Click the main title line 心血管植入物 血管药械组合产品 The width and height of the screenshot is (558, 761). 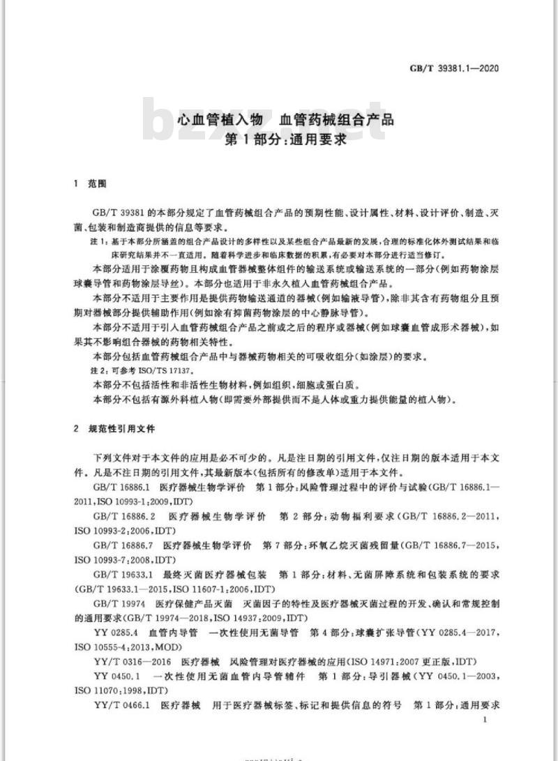click(x=285, y=119)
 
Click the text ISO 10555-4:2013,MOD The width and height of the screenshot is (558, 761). click(x=118, y=647)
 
